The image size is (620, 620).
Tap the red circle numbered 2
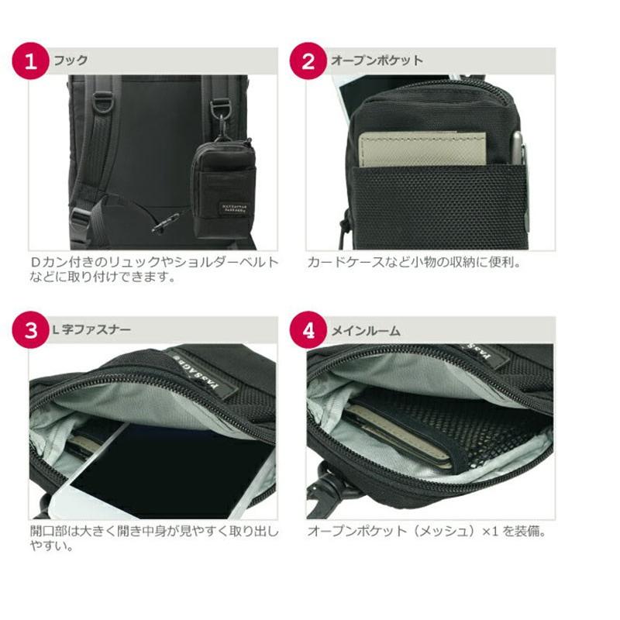(x=308, y=61)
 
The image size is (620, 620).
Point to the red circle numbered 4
(x=308, y=330)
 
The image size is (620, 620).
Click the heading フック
(x=70, y=60)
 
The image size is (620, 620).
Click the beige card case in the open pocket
(x=422, y=148)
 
